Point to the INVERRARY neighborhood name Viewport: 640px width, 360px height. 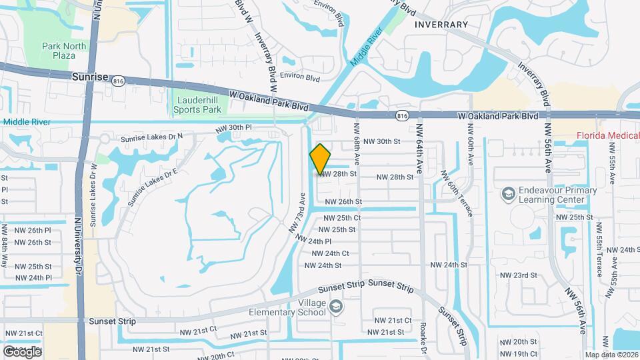coord(441,25)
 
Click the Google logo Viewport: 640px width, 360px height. coord(21,351)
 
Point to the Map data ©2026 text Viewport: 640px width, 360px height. coord(611,355)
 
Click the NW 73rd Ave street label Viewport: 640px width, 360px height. coord(297,213)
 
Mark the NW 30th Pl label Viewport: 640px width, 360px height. coord(233,127)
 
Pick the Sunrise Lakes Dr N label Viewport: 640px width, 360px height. coord(151,137)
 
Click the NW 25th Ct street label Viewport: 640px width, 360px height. coord(343,218)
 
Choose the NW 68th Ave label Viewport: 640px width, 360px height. coord(357,143)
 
